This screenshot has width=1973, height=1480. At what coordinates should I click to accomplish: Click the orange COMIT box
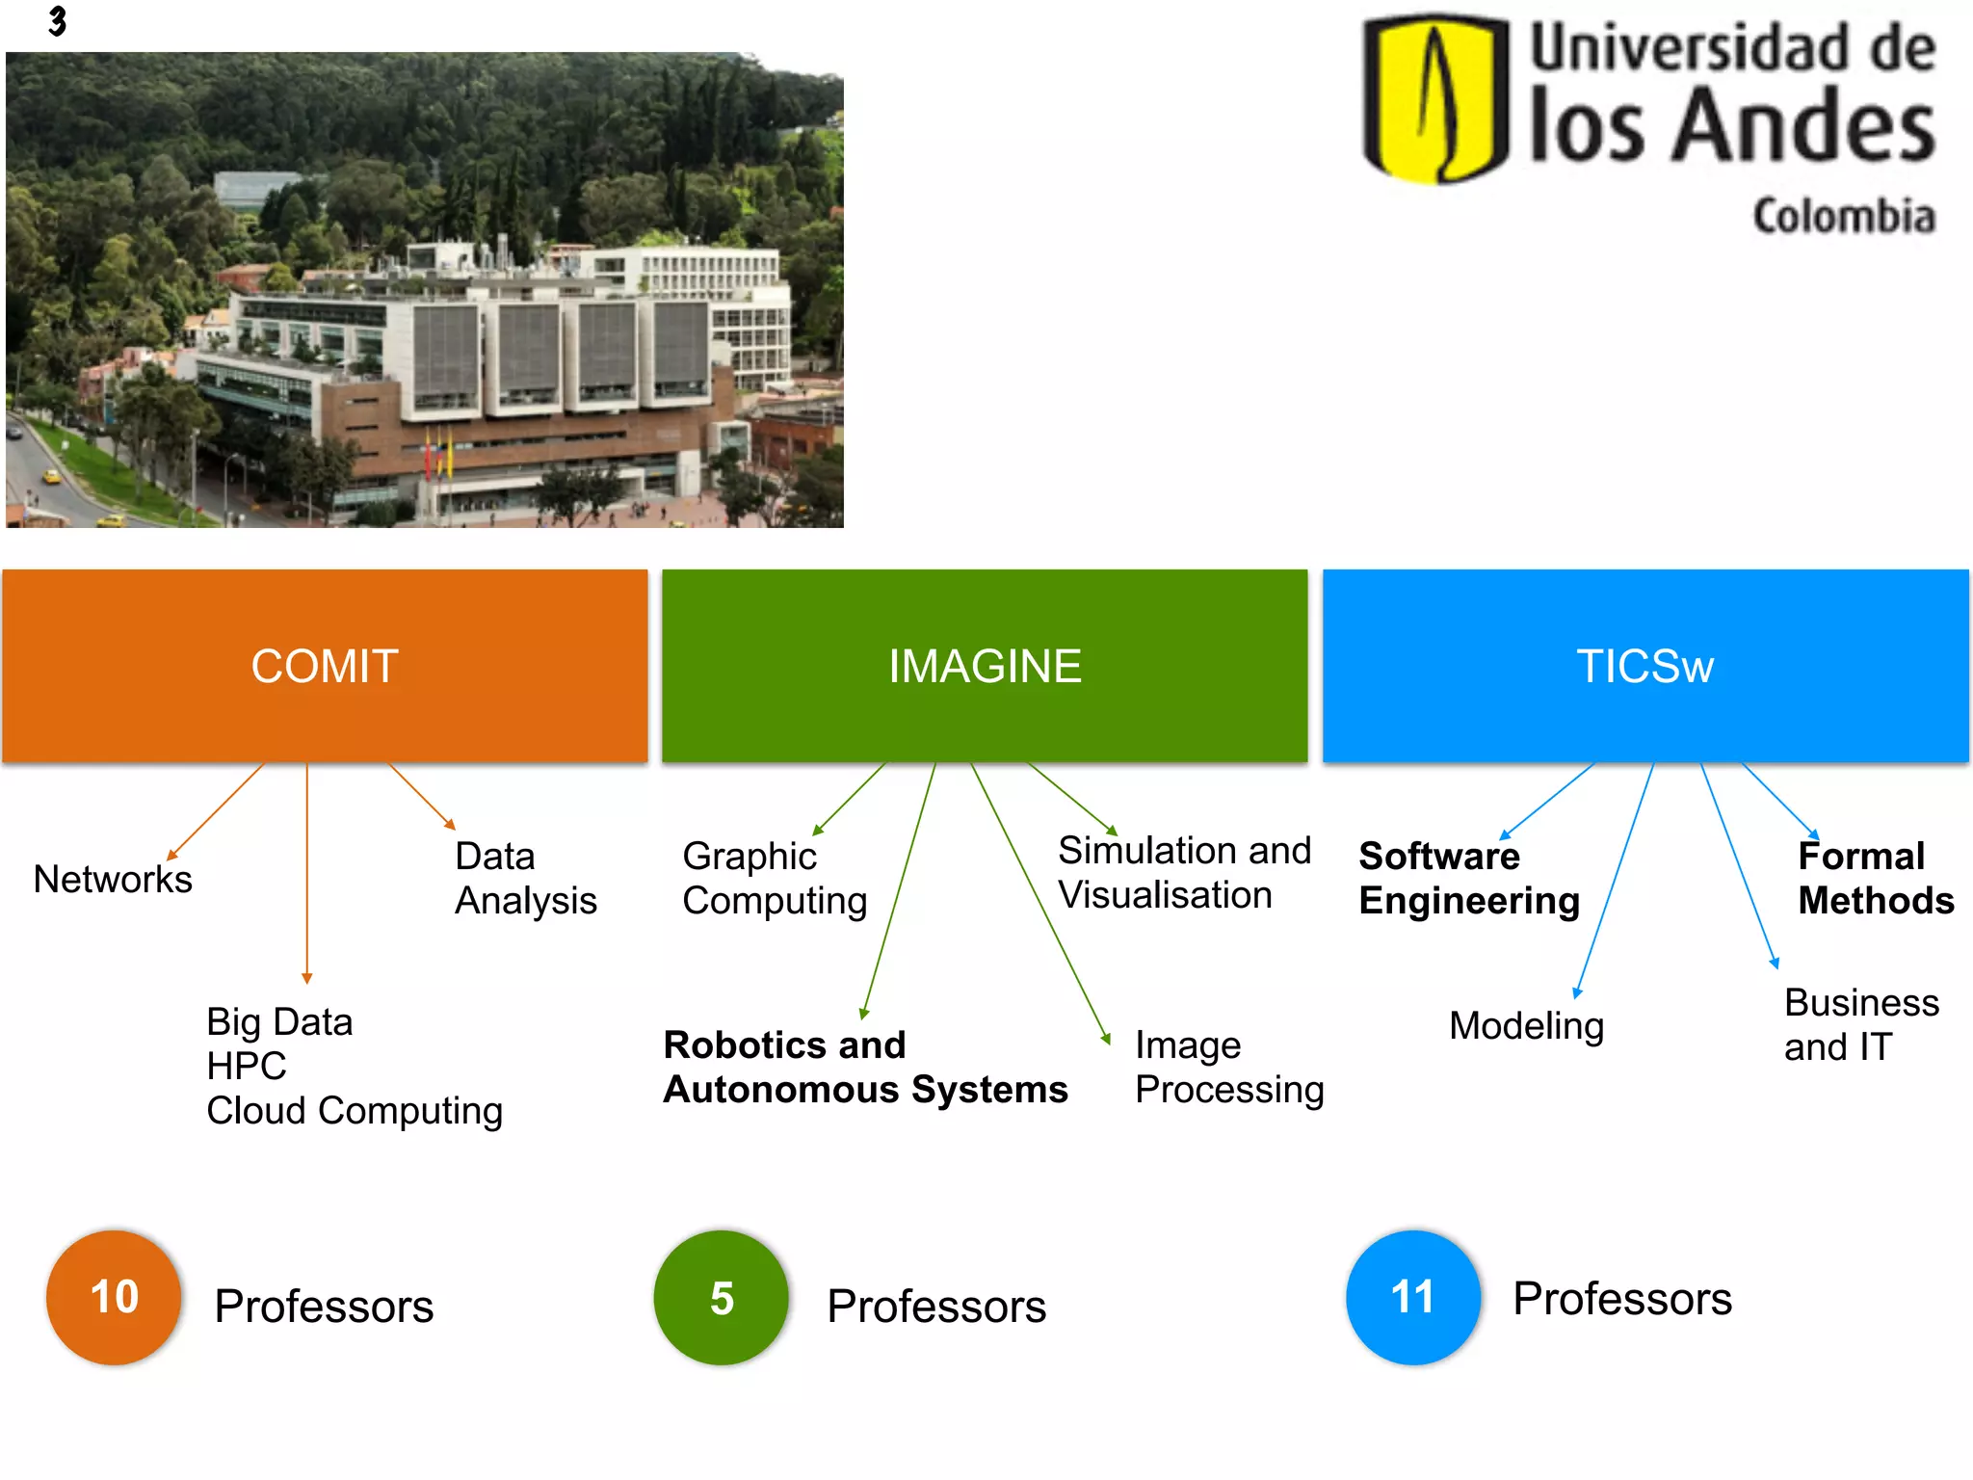tap(325, 666)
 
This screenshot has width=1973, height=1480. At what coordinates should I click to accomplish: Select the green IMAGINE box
tap(985, 666)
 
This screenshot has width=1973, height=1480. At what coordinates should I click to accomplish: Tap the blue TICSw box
tap(1645, 666)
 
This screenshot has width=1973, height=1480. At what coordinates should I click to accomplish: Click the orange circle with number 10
tap(114, 1297)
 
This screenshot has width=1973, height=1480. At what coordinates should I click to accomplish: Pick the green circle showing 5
tap(722, 1298)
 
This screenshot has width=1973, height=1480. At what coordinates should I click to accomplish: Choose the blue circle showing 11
tap(1413, 1297)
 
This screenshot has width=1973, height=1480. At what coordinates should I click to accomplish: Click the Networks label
tap(113, 879)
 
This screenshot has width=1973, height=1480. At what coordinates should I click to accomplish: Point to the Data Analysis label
tap(525, 878)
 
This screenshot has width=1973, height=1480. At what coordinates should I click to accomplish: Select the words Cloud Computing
tap(355, 1111)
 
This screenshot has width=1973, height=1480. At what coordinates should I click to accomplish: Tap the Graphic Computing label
tap(775, 878)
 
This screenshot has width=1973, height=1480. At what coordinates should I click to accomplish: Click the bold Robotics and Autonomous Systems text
tap(865, 1067)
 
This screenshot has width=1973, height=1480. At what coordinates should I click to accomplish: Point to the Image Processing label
tap(1229, 1067)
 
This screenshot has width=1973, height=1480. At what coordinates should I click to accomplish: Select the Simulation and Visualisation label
tap(1184, 872)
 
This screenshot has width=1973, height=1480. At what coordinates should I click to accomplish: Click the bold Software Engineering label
tap(1469, 878)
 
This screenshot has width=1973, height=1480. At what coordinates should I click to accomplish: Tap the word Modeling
tap(1527, 1025)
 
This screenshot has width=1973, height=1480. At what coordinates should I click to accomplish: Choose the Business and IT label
tap(1861, 1024)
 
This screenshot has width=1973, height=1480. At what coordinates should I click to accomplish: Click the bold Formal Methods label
tap(1876, 878)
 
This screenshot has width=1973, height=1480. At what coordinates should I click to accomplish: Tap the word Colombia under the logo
tap(1844, 216)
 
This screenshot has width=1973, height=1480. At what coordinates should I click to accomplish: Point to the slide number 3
tap(58, 20)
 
